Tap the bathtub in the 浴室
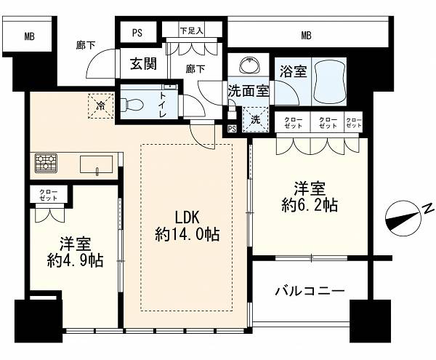pos(329,81)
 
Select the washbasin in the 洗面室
pos(249,65)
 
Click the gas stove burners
pos(46,162)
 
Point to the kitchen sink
pos(97,164)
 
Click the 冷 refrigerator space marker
pos(101,105)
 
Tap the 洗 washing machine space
pos(256,119)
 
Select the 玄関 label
pos(143,64)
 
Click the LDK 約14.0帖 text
pos(187,225)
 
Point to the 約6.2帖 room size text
pos(310,205)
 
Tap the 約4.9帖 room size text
pos(75,260)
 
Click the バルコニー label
pos(310,292)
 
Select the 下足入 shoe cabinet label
pos(192,31)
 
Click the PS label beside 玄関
pos(137,33)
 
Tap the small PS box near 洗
pos(232,129)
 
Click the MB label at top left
pos(30,36)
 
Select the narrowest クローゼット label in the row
pos(354,123)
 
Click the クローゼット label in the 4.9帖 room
pos(49,195)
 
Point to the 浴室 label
pos(293,71)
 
